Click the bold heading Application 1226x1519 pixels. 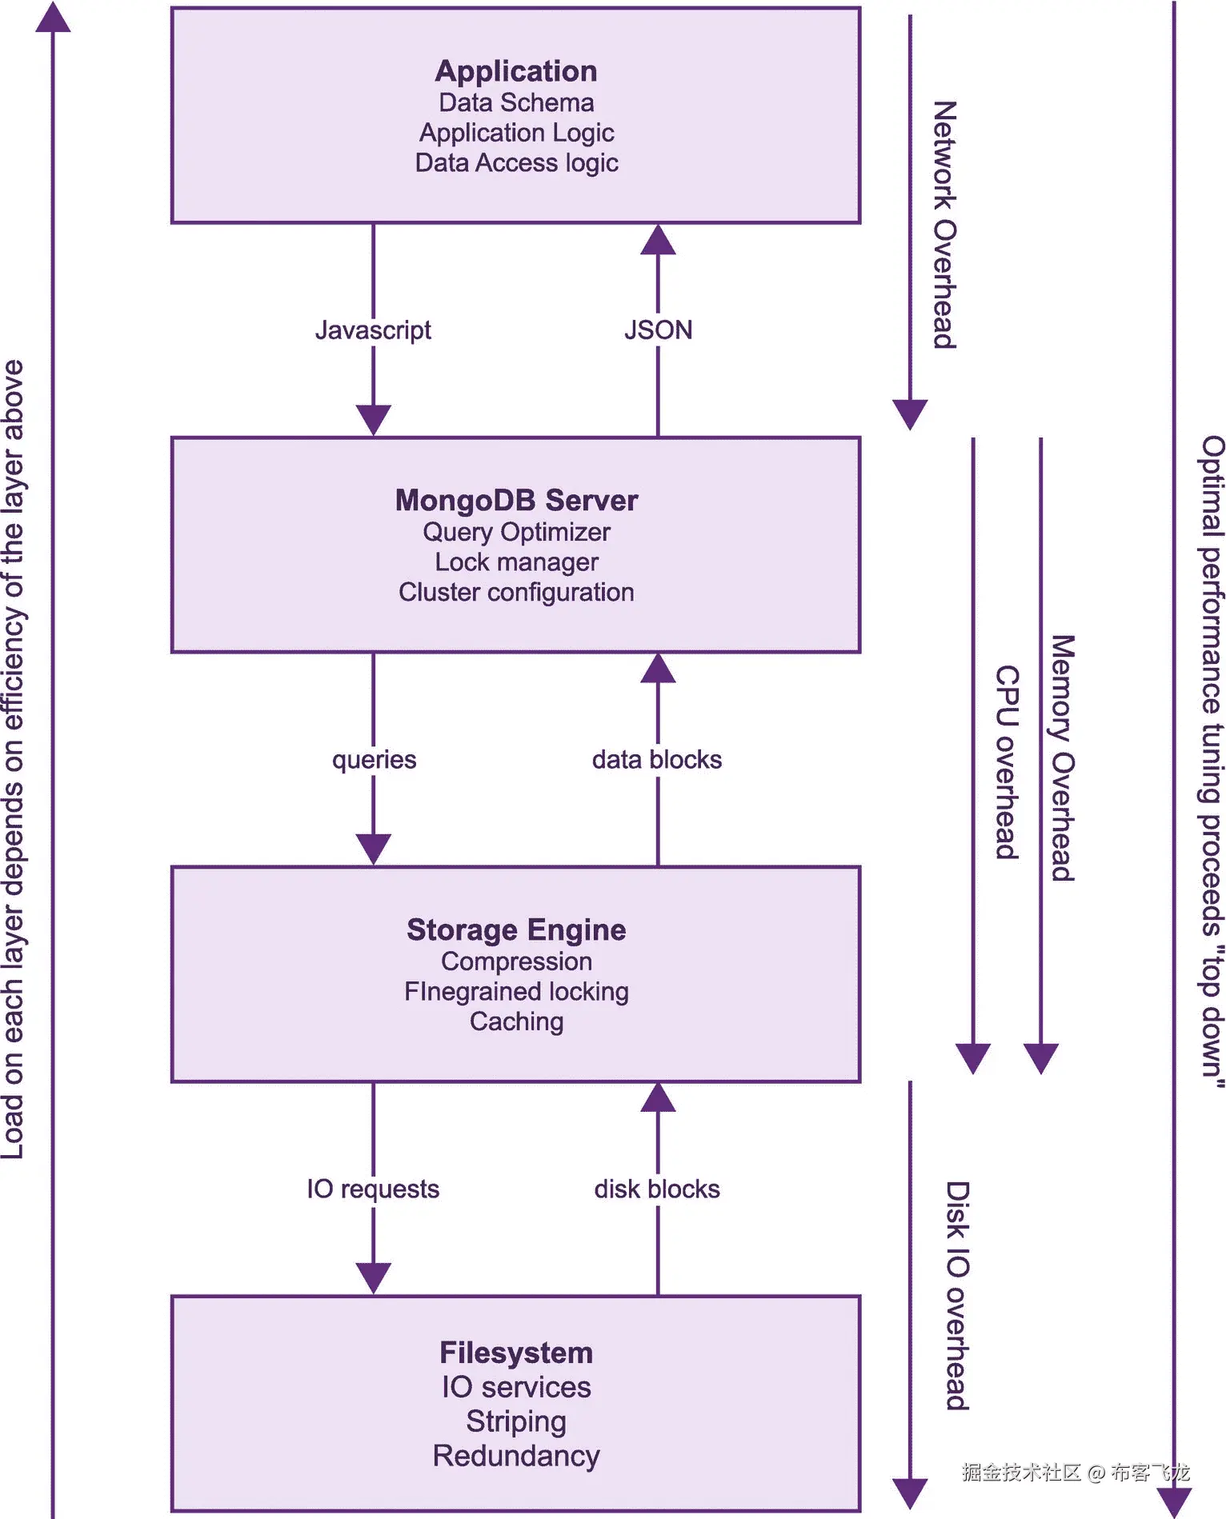tap(516, 71)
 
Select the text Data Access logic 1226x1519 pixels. tap(516, 162)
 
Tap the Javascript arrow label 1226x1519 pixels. tap(373, 330)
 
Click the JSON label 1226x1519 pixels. tap(658, 330)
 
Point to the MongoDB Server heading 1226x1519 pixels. tap(516, 501)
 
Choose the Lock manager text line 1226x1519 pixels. tap(516, 562)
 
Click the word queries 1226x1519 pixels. tap(374, 759)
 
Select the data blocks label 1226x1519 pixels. tap(657, 759)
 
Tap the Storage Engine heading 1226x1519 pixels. tap(516, 929)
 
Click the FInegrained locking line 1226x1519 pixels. tap(516, 992)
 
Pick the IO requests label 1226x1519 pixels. tap(373, 1189)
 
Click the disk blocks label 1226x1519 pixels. tap(657, 1189)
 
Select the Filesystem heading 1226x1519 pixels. tap(516, 1353)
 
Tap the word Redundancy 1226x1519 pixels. tap(516, 1456)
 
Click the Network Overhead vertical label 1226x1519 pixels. tap(945, 225)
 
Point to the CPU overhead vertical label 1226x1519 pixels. tap(1007, 761)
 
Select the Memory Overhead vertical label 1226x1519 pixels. tap(1063, 758)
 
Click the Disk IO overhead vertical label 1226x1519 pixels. tap(958, 1295)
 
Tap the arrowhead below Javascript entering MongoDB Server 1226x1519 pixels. tap(373, 419)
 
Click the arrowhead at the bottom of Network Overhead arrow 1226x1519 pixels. tap(910, 414)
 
